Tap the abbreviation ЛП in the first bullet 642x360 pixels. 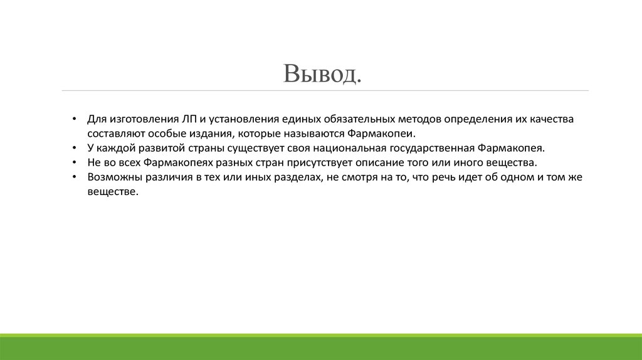[191, 119]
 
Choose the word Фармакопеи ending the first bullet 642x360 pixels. [385, 134]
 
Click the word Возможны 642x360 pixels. [115, 177]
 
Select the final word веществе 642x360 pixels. [112, 193]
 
